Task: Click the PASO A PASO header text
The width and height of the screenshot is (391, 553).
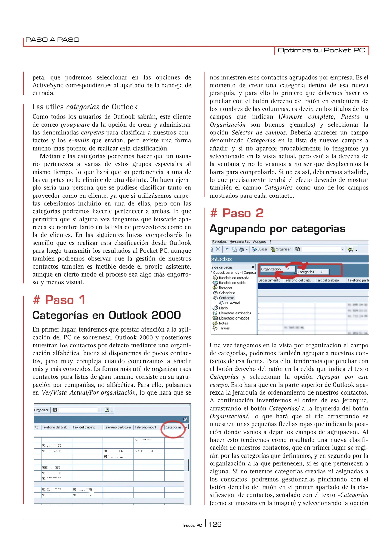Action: coord(52,40)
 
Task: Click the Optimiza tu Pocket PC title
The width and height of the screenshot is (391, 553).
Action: coord(321,50)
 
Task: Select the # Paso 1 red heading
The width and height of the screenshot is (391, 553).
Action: coord(59,300)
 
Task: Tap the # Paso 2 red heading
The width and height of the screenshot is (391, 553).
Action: coord(236,213)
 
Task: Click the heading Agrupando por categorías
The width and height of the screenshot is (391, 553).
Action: coord(277,229)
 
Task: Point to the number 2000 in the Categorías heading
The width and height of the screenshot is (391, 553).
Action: coord(166,315)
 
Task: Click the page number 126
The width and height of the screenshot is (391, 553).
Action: coord(215,525)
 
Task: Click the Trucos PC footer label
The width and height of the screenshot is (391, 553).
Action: coord(192,525)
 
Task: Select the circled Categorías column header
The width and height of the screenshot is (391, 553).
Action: coord(173,427)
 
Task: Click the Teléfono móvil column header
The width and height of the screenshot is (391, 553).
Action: coord(145,427)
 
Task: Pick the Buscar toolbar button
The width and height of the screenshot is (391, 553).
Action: coord(260,249)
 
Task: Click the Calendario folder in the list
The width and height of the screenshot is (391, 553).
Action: coord(227,293)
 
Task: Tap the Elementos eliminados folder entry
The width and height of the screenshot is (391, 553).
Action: coord(235,313)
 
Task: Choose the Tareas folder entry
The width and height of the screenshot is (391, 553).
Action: coord(224,328)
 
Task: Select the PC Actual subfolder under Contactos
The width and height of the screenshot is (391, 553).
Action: coord(232,303)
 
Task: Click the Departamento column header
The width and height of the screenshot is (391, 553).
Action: coord(269,280)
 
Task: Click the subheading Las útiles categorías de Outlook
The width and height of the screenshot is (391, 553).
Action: coord(85,107)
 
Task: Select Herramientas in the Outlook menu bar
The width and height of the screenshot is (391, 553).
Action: coord(240,242)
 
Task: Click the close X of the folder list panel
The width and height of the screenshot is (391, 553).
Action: coord(253,267)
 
